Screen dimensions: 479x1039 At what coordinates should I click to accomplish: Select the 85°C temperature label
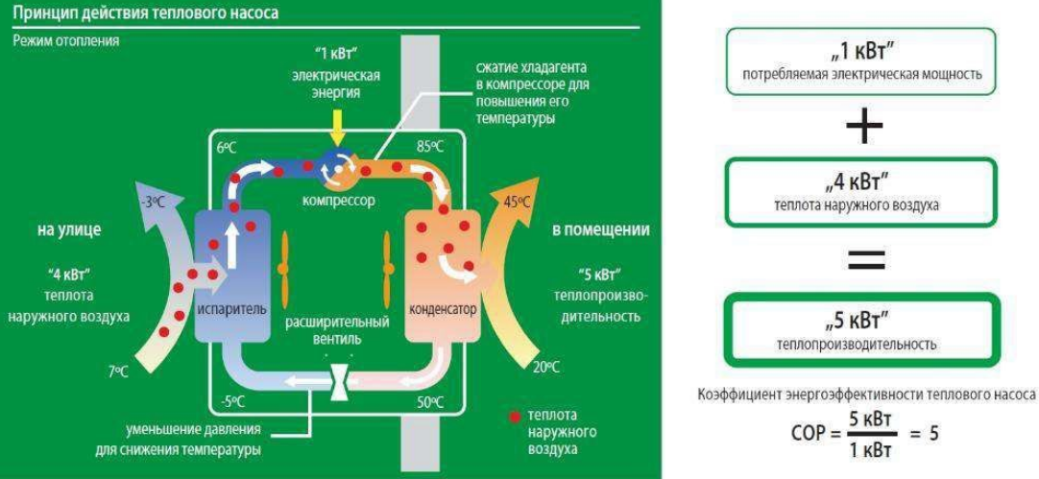pos(430,147)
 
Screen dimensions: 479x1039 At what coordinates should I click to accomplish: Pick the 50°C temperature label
pos(429,401)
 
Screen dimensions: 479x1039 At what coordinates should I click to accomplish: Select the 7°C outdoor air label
pos(118,371)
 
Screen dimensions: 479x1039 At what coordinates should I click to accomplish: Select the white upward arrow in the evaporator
pos(232,245)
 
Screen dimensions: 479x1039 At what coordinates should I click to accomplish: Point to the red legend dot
pos(514,416)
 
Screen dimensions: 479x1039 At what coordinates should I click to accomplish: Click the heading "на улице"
pos(69,230)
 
